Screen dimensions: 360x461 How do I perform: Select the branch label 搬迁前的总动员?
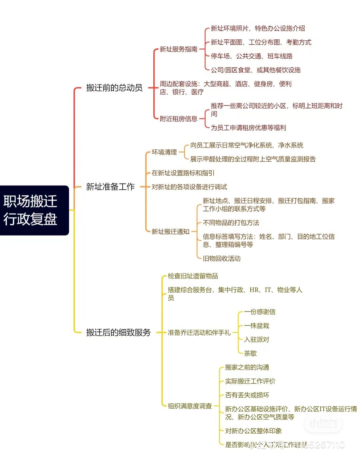(114, 88)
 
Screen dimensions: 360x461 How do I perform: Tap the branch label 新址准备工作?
(110, 187)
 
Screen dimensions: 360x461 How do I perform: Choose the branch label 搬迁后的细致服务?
(118, 332)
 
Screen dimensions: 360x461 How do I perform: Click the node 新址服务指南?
(178, 49)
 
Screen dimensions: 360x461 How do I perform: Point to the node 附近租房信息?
(178, 119)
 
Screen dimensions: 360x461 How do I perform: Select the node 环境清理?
(164, 152)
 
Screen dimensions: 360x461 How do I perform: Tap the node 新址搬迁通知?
(170, 231)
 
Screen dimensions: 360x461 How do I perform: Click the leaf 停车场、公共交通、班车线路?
(251, 56)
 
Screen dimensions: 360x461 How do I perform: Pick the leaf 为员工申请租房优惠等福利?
(248, 128)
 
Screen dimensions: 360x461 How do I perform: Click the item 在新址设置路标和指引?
(183, 173)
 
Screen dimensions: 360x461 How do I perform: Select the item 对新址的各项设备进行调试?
(189, 187)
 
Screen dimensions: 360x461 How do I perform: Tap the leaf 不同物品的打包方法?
(231, 223)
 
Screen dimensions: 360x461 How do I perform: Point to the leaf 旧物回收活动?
(221, 258)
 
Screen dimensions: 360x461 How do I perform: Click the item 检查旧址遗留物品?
(193, 276)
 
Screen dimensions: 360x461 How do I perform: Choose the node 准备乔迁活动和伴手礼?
(199, 332)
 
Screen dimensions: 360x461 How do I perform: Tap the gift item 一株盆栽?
(256, 325)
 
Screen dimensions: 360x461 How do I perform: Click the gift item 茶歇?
(250, 353)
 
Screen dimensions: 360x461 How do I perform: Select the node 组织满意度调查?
(190, 406)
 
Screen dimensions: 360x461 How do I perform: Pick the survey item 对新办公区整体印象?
(253, 431)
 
